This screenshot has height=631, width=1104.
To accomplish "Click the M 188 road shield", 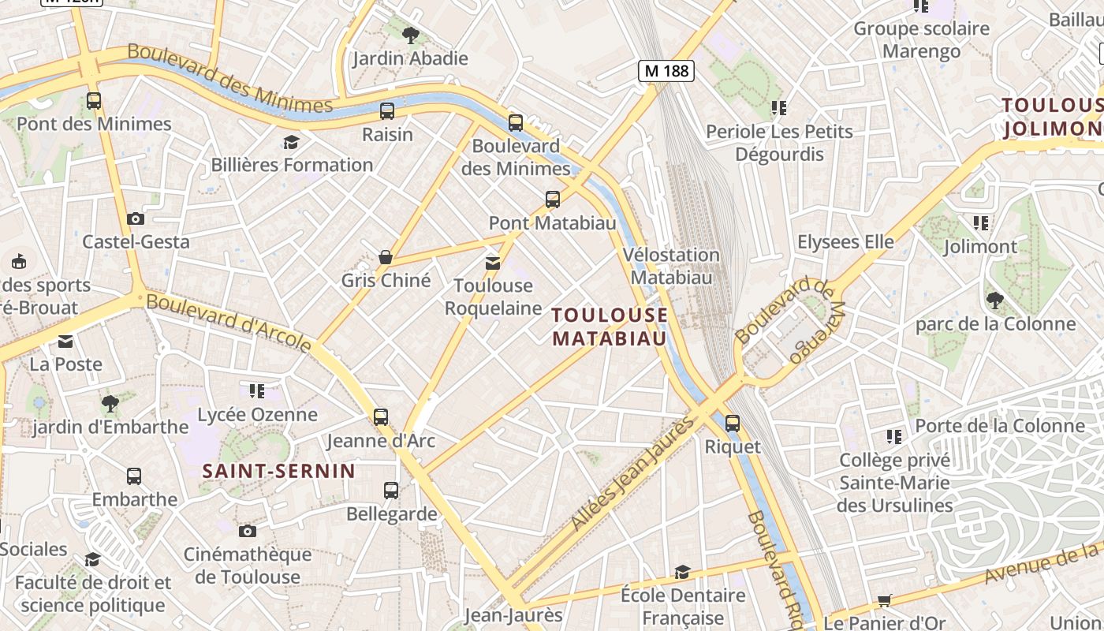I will [666, 71].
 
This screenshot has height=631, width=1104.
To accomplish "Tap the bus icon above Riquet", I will [733, 424].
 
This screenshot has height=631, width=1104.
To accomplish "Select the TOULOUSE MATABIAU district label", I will [610, 327].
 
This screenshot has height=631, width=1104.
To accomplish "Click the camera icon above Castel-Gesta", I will [136, 218].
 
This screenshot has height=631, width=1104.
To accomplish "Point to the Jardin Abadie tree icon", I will [410, 35].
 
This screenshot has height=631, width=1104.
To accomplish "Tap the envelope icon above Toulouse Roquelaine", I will [493, 263].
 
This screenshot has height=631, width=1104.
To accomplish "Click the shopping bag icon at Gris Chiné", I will [386, 257].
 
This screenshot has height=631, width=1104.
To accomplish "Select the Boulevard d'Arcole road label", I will [229, 322].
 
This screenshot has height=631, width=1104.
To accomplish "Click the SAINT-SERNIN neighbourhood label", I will [279, 472].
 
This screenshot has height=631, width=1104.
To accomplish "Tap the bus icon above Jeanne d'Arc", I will [381, 417].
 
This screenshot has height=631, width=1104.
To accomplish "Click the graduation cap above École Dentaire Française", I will [682, 572].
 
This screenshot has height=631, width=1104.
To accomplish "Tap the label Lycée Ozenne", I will [257, 414].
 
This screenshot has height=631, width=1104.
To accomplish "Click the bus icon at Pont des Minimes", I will [94, 101].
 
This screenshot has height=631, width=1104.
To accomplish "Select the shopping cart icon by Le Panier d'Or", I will [885, 601].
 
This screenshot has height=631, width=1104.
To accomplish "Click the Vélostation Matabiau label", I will [671, 266].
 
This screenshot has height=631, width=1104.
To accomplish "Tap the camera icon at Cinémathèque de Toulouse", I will [248, 531].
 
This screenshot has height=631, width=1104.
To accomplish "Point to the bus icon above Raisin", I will [387, 111].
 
